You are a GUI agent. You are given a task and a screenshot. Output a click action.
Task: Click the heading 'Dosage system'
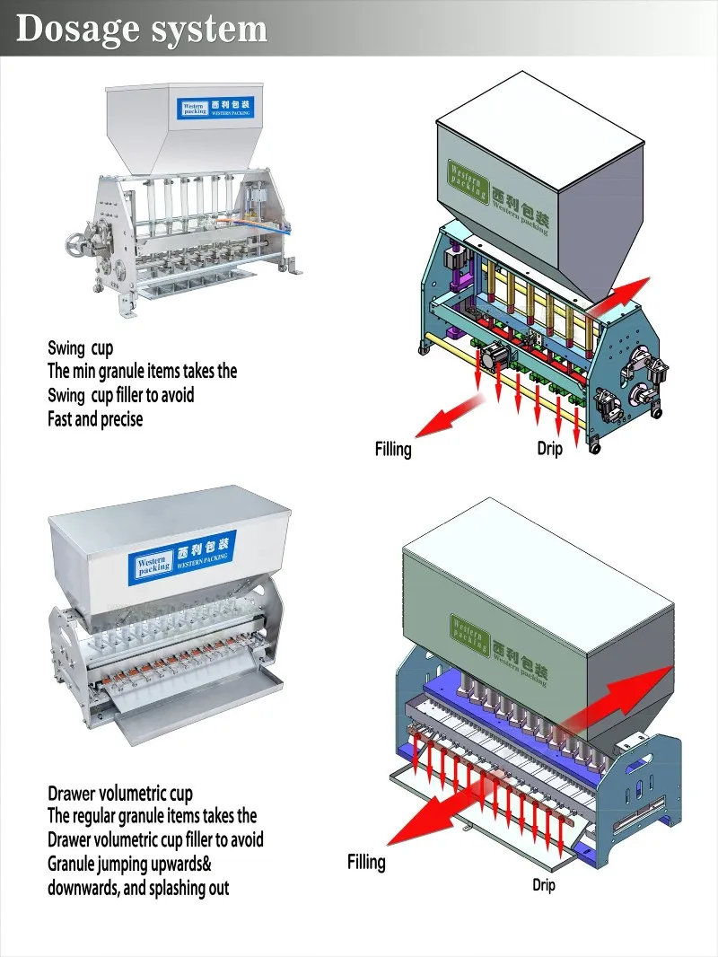[142, 30]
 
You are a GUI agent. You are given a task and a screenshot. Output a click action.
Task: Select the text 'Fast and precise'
[95, 418]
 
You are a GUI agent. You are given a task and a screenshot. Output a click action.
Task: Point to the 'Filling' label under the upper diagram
[393, 449]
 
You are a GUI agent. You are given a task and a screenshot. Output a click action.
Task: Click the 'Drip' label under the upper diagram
[549, 448]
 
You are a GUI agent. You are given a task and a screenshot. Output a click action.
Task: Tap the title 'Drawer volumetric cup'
[120, 794]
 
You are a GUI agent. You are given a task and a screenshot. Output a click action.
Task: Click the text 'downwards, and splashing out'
[138, 888]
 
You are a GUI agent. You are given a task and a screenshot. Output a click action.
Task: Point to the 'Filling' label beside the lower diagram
[366, 862]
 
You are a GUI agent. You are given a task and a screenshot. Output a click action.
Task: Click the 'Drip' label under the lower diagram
[544, 885]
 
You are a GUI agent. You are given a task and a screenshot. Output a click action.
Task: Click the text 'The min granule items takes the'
[142, 371]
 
